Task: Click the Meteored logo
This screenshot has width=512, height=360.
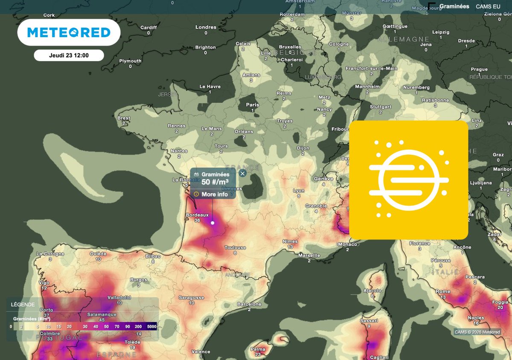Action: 69,32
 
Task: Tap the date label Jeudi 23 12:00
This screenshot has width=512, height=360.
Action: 68,55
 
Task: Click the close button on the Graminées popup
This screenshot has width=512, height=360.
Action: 242,173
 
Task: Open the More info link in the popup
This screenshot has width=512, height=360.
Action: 214,194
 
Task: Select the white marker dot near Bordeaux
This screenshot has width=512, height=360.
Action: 212,223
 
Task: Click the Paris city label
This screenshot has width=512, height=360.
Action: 253,105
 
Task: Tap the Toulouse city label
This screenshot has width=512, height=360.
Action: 235,247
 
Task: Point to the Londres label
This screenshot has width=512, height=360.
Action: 206,27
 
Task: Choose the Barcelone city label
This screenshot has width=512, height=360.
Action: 249,304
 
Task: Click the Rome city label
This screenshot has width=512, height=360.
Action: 443,291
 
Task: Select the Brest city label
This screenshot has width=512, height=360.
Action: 124,118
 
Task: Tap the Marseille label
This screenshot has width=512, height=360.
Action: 309,255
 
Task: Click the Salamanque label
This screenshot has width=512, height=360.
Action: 102,314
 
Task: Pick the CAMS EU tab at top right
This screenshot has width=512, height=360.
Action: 488,6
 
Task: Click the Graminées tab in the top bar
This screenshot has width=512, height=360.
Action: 454,6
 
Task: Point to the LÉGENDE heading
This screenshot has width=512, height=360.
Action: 23,305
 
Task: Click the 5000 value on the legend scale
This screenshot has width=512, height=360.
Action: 151,327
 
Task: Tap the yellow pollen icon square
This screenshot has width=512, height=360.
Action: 408,180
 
